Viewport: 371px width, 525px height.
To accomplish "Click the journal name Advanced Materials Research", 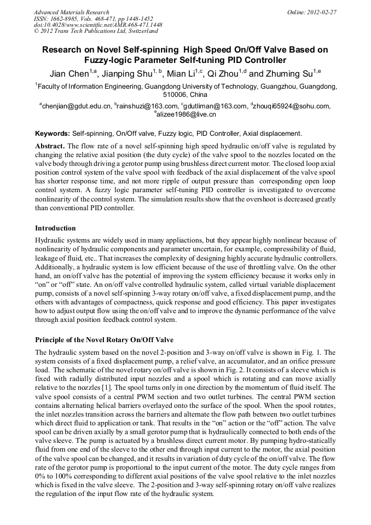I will (71, 12).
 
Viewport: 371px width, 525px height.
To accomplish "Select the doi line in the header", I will (98, 25).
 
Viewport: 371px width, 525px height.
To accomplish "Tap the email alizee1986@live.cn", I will (187, 115).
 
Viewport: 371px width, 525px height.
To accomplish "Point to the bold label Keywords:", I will (53, 134).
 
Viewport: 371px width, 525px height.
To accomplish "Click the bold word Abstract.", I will (50, 146).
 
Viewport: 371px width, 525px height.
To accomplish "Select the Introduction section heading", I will (55, 228).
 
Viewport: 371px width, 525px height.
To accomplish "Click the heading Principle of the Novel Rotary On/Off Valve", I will (104, 340).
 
